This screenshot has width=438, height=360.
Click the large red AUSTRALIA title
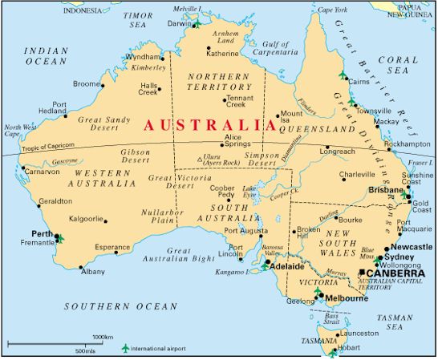[204, 125]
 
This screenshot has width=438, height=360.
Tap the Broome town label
[87, 83]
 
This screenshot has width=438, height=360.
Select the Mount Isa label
[291, 119]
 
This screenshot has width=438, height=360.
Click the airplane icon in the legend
[125, 348]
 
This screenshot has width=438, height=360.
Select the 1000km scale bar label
[102, 337]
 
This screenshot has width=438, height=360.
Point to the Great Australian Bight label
[168, 256]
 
